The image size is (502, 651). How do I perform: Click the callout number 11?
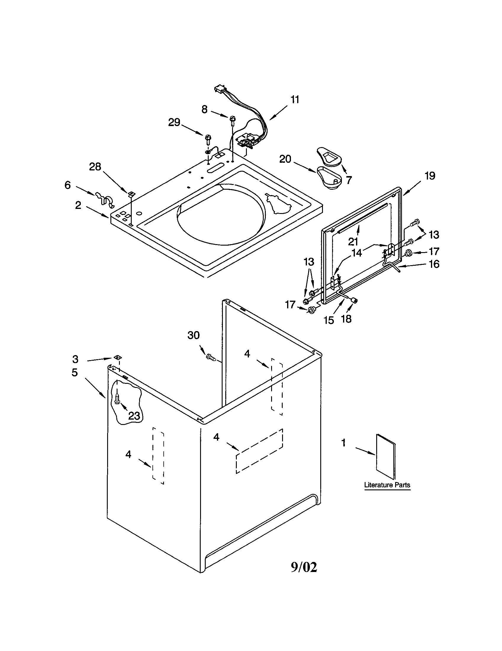tap(295, 99)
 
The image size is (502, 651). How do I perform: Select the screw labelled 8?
tap(232, 120)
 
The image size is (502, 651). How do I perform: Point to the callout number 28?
tap(95, 167)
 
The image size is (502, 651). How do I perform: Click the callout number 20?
tap(285, 159)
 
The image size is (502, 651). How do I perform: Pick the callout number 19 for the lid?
tap(429, 176)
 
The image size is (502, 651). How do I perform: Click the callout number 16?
tap(434, 264)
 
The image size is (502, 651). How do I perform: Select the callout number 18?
tap(346, 319)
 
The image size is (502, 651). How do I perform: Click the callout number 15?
tap(329, 320)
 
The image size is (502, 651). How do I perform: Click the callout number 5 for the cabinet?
tap(75, 373)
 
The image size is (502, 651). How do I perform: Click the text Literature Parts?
tap(387, 485)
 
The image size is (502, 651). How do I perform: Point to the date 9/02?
tap(304, 567)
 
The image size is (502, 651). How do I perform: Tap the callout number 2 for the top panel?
tap(78, 205)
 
